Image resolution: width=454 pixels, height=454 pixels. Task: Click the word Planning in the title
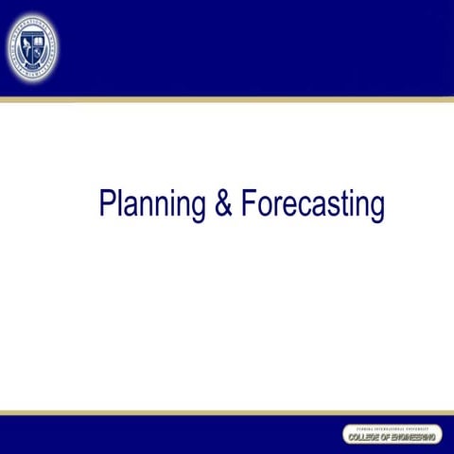[x=152, y=205]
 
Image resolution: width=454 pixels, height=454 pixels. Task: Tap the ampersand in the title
[x=223, y=204]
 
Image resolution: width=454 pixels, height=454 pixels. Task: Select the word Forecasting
[x=312, y=205]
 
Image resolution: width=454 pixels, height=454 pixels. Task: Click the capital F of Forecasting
[x=247, y=203]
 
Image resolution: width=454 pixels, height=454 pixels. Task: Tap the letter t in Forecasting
[x=338, y=204]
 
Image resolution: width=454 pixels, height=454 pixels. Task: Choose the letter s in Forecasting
[x=327, y=206]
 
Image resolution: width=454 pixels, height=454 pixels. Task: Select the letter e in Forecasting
[x=285, y=206]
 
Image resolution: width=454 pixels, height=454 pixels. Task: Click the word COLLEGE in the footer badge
[x=364, y=438]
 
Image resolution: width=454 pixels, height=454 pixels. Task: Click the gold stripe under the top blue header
[x=227, y=98]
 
